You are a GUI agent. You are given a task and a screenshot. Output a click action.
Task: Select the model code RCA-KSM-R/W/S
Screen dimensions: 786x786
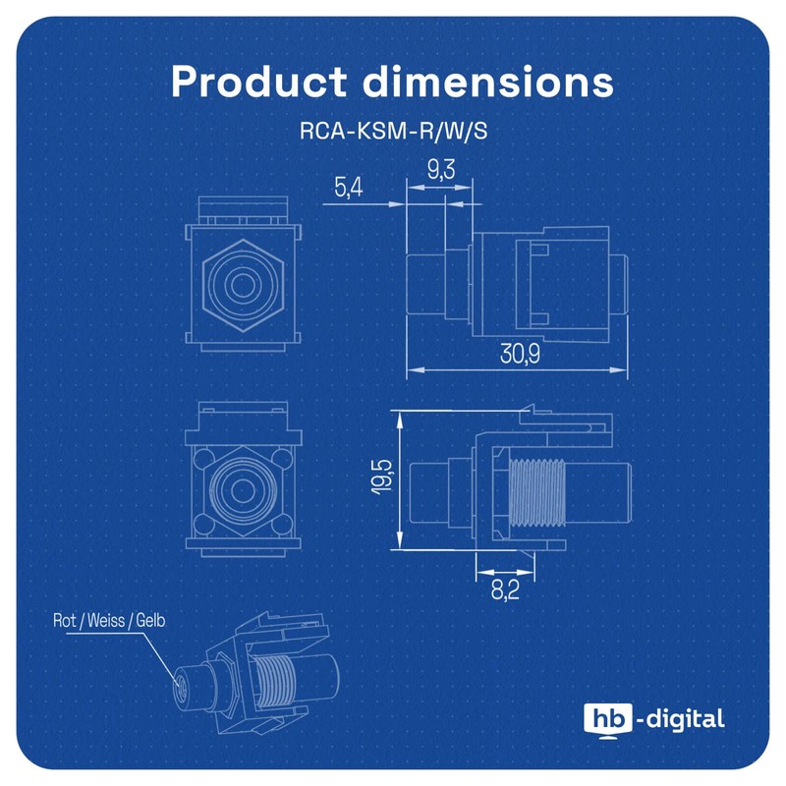[x=393, y=131]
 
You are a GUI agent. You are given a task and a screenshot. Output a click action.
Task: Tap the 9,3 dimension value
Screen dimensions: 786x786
[x=440, y=171]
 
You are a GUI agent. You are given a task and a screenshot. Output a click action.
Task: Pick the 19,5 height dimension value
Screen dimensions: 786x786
[x=383, y=478]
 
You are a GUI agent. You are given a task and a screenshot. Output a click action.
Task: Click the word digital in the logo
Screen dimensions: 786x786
[x=685, y=718]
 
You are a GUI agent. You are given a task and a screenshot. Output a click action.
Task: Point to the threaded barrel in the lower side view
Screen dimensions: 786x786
[x=537, y=485]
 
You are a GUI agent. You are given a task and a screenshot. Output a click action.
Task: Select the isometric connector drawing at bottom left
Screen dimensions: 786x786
[x=255, y=678]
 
